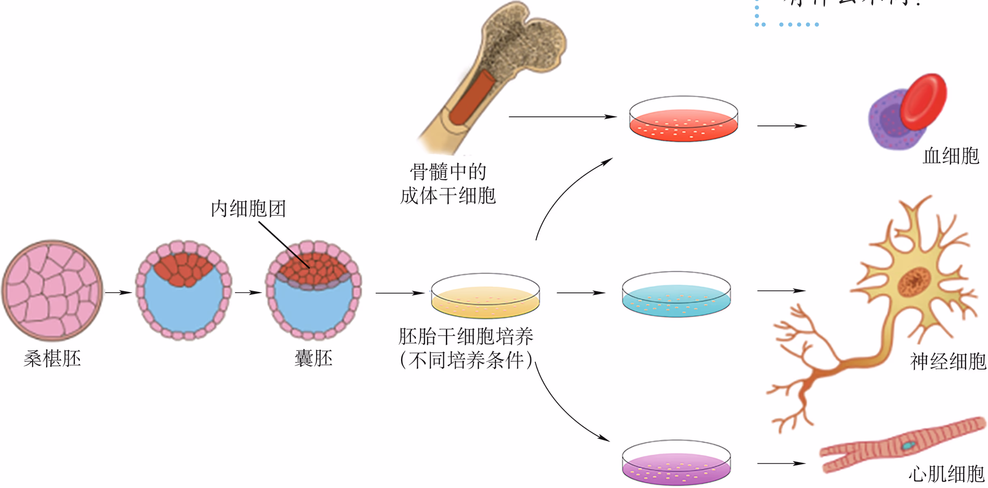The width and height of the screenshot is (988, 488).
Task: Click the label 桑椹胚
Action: [52, 358]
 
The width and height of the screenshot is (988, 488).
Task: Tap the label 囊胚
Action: [313, 358]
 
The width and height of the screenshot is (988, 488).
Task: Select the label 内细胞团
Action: [248, 209]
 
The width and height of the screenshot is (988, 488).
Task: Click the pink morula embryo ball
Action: [52, 290]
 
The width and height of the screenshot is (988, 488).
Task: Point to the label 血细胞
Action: [951, 156]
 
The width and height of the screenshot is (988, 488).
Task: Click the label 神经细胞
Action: [948, 361]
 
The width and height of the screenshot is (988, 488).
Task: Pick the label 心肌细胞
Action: [946, 474]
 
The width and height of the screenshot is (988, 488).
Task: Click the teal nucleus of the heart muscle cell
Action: [908, 446]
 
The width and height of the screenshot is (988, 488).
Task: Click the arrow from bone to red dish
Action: [563, 117]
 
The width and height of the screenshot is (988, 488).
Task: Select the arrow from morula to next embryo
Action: [119, 292]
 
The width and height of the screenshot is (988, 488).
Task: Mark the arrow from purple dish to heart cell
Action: [781, 463]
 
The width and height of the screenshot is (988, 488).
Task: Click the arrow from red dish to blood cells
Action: [782, 126]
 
